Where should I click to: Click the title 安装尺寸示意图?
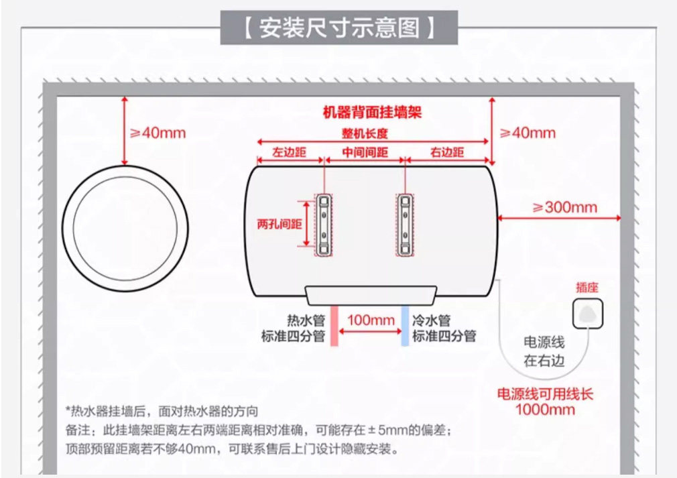point(338,28)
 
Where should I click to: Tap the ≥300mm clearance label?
point(564,206)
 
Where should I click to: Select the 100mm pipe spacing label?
point(371,320)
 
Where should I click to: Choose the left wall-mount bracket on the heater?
point(324,225)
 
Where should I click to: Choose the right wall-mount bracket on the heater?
point(406,225)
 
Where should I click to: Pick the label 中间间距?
point(365,152)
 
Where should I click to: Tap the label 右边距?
point(447,152)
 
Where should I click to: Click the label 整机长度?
point(365,133)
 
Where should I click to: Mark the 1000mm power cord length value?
point(545,409)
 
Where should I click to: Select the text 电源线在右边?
point(544,351)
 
